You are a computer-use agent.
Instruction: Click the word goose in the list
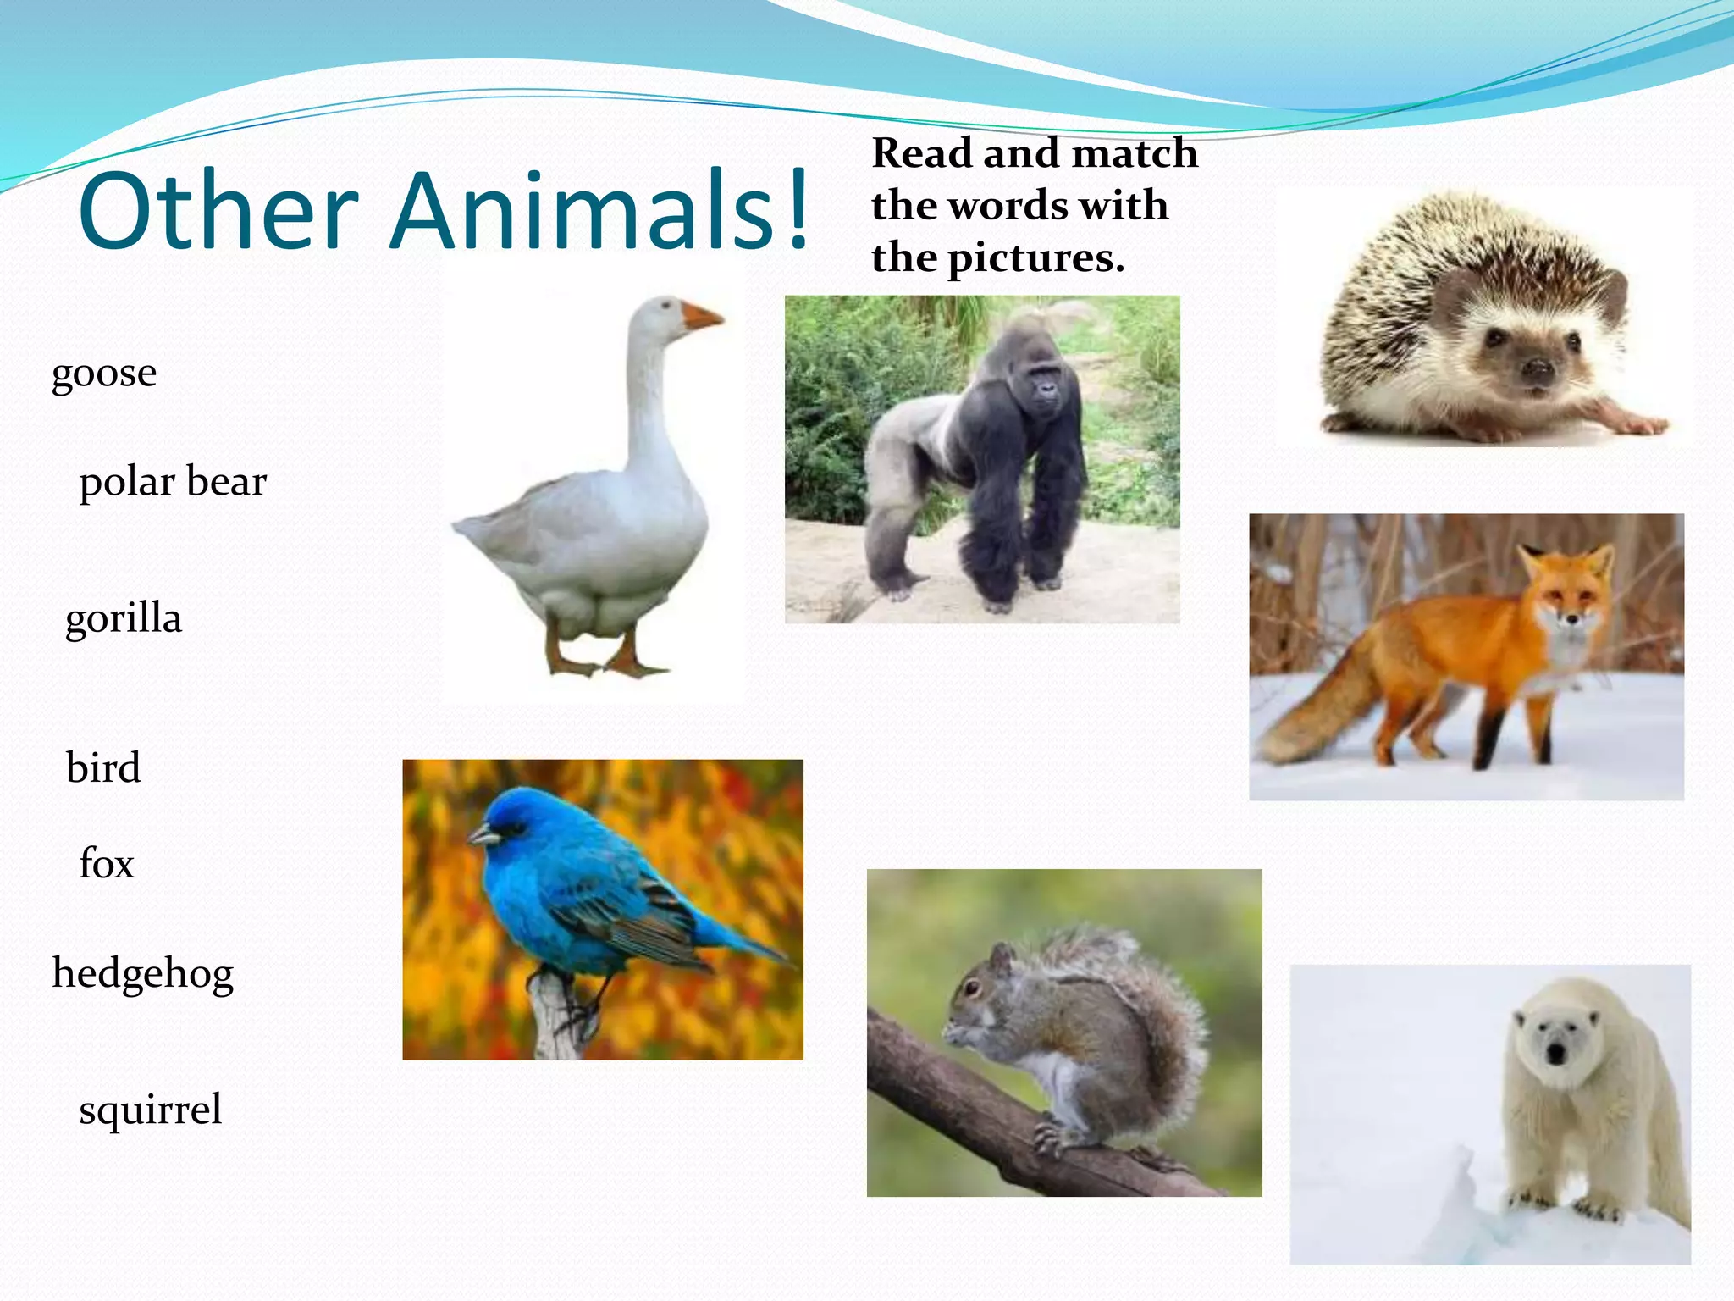pyautogui.click(x=104, y=374)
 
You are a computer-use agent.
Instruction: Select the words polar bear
pyautogui.click(x=173, y=482)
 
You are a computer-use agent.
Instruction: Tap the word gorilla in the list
pyautogui.click(x=124, y=618)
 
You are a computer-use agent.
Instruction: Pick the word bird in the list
pyautogui.click(x=103, y=767)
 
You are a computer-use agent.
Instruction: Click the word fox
pyautogui.click(x=107, y=864)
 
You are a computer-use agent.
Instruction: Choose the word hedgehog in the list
pyautogui.click(x=142, y=973)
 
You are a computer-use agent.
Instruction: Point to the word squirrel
pyautogui.click(x=150, y=1109)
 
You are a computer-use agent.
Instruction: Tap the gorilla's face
pyautogui.click(x=1046, y=390)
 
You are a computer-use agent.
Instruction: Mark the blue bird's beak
pyautogui.click(x=483, y=836)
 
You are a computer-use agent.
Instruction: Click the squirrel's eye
pyautogui.click(x=972, y=987)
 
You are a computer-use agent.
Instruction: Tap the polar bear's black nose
pyautogui.click(x=1555, y=1054)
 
